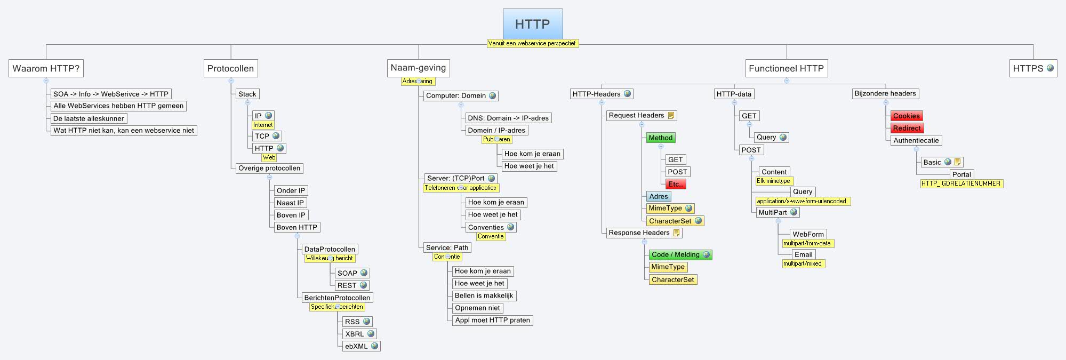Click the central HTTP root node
pyautogui.click(x=532, y=24)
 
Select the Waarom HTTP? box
pyautogui.click(x=46, y=68)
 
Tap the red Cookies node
pyautogui.click(x=906, y=116)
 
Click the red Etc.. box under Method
pyautogui.click(x=675, y=184)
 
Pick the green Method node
pyautogui.click(x=660, y=138)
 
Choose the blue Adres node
pyautogui.click(x=658, y=196)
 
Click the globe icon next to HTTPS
pyautogui.click(x=1050, y=68)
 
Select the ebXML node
pyautogui.click(x=356, y=346)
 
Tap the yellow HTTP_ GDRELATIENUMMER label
pyautogui.click(x=960, y=183)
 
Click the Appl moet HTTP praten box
pyautogui.click(x=492, y=320)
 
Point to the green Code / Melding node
pyautogui.click(x=675, y=254)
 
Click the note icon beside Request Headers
pyautogui.click(x=671, y=115)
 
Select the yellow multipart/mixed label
pyautogui.click(x=803, y=263)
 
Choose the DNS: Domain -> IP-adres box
pyautogui.click(x=508, y=118)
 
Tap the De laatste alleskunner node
pyautogui.click(x=89, y=118)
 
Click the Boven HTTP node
pyautogui.click(x=296, y=227)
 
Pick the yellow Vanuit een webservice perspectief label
pyautogui.click(x=532, y=43)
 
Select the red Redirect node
pyautogui.click(x=907, y=128)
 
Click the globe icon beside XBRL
pyautogui.click(x=370, y=334)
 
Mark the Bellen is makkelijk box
pyautogui.click(x=483, y=295)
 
